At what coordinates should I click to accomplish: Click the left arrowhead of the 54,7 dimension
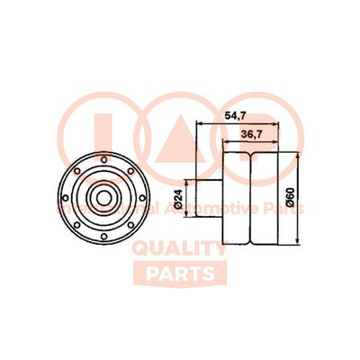(x=199, y=125)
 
